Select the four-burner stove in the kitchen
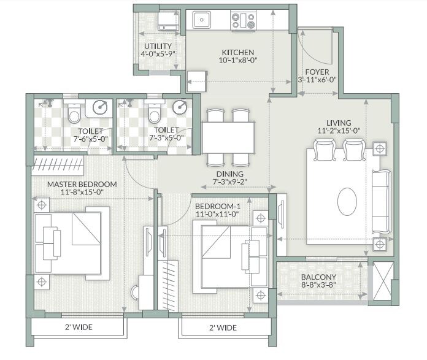[x=243, y=21]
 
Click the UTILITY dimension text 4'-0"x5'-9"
[x=158, y=55]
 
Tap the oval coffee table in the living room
[x=347, y=201]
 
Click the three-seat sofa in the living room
[x=381, y=201]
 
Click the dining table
[x=229, y=137]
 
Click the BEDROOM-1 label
[x=218, y=206]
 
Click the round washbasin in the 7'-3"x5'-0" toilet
[x=180, y=107]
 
